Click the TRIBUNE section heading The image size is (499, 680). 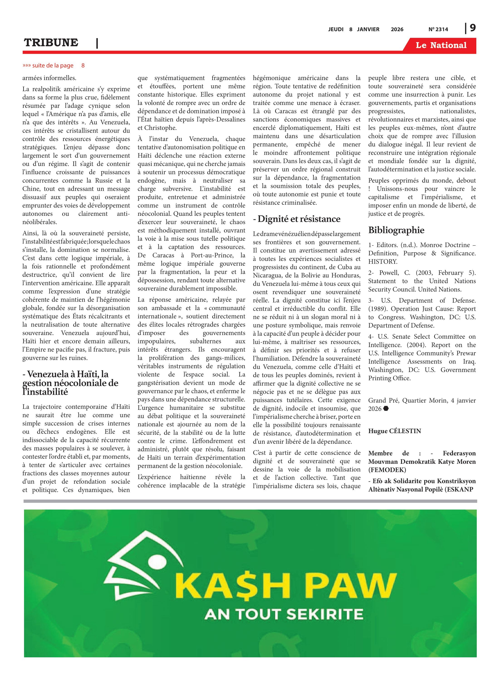(51, 43)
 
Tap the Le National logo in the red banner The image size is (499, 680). (441, 45)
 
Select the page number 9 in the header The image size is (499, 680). (473, 28)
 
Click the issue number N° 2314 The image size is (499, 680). (438, 29)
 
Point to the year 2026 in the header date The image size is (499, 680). (397, 29)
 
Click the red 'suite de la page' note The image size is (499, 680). (53, 66)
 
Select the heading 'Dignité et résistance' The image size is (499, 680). (297, 219)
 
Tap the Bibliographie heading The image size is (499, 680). (396, 230)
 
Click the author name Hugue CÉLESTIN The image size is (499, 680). (394, 431)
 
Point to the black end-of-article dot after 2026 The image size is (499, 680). (386, 408)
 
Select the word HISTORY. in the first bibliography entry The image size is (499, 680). (383, 262)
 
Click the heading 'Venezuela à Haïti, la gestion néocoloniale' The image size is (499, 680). (70, 383)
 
